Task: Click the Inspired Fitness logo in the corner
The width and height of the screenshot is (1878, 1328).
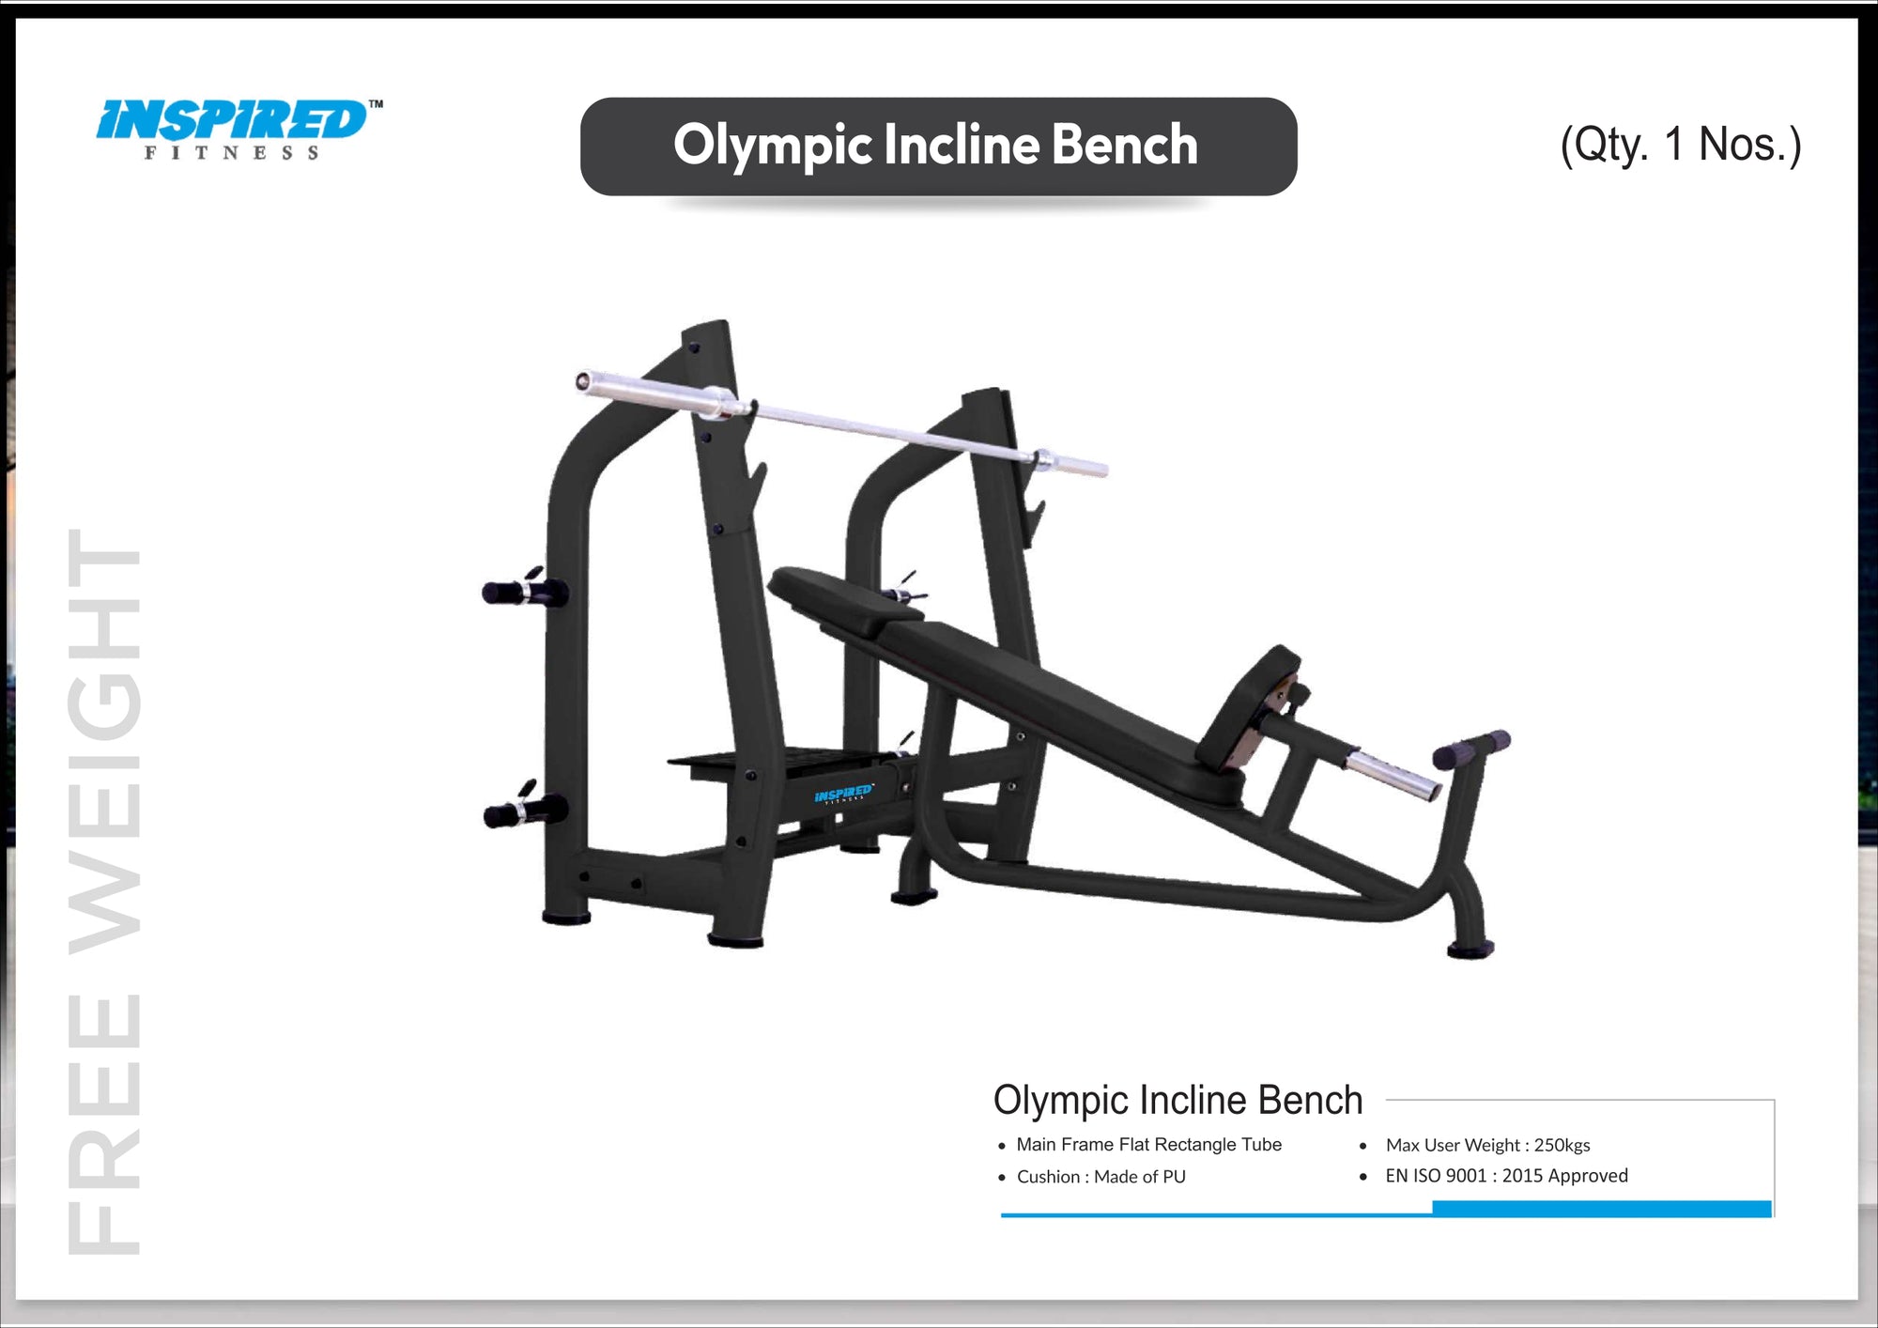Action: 235,122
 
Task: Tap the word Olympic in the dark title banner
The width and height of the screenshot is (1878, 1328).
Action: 772,146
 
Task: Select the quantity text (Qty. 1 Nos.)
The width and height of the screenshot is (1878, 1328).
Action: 1680,145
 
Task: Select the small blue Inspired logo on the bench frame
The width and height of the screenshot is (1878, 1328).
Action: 842,795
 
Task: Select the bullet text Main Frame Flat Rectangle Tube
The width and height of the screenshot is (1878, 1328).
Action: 1147,1144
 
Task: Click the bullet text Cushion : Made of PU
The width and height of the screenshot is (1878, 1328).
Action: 1101,1177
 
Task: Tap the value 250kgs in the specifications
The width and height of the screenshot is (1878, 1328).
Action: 1562,1145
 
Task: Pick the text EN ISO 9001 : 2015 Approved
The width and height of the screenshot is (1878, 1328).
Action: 1506,1176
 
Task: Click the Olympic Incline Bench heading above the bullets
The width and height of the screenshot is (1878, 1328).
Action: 1178,1100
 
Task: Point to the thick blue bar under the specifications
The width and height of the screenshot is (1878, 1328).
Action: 1601,1209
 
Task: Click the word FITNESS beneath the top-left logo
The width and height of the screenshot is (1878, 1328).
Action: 231,153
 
